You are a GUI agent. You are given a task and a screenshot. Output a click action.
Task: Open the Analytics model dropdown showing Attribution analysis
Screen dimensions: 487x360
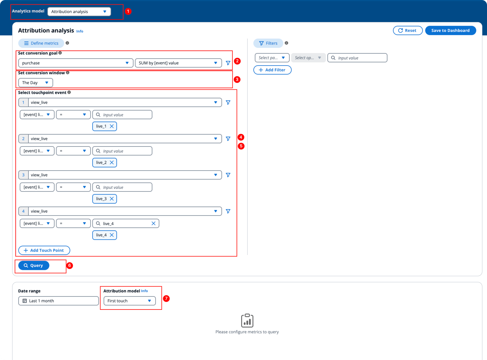click(x=79, y=12)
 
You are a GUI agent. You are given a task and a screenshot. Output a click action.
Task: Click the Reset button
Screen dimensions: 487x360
click(x=407, y=30)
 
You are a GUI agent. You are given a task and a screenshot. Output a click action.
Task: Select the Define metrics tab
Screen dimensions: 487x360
click(x=41, y=43)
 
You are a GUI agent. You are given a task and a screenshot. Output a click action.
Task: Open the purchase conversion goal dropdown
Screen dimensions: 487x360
click(x=76, y=63)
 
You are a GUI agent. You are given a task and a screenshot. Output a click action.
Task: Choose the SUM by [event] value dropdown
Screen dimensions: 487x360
click(x=178, y=63)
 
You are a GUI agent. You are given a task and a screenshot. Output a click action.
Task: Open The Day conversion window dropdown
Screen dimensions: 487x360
click(x=36, y=83)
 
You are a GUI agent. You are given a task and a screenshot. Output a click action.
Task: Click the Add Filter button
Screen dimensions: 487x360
click(x=272, y=70)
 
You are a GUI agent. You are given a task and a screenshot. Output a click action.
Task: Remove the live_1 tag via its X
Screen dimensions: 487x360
click(x=112, y=126)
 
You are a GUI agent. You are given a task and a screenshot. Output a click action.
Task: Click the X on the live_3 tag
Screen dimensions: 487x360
click(x=112, y=199)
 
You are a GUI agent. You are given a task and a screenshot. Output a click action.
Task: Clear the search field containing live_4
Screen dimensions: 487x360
click(x=154, y=223)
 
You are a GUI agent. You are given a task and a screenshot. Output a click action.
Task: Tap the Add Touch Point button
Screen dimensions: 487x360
click(x=44, y=250)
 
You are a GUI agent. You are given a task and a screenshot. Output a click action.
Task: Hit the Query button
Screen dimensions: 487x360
click(x=34, y=265)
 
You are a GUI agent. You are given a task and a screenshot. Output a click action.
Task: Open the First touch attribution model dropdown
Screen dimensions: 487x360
click(x=129, y=301)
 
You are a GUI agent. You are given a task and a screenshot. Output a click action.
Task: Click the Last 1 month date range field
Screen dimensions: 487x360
click(x=58, y=301)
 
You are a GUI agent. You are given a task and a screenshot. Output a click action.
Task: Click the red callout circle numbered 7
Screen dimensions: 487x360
click(x=166, y=299)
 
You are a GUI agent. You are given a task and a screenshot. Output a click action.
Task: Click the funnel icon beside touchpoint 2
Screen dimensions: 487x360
click(x=228, y=139)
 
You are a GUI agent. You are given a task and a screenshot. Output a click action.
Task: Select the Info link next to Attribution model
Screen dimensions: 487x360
click(x=144, y=291)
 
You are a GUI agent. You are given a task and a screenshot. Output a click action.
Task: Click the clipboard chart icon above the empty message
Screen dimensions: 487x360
click(x=247, y=321)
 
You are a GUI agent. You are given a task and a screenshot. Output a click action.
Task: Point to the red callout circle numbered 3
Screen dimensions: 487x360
click(x=237, y=79)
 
